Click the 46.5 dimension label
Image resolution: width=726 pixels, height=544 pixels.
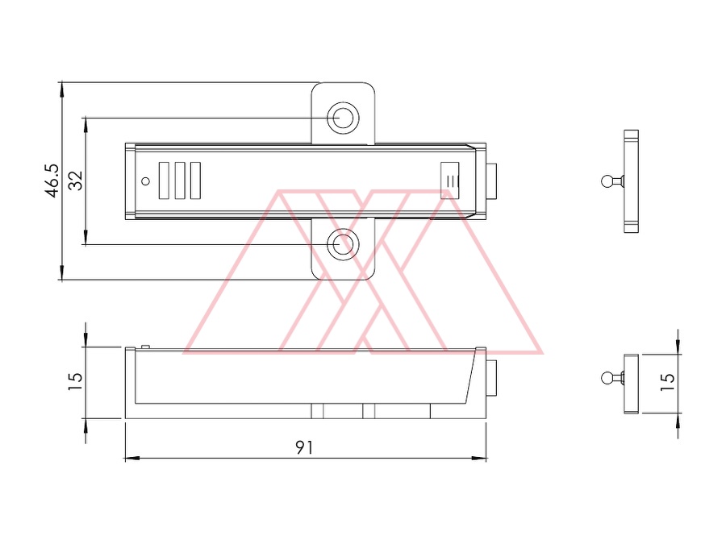52,181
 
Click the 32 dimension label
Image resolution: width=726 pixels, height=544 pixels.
75,181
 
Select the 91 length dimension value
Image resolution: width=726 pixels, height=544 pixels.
304,447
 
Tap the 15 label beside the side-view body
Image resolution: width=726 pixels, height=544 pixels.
75,382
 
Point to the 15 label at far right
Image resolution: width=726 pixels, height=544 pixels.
667,382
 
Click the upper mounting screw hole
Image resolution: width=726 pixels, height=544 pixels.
343,118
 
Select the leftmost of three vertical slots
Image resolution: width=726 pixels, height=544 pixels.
164,181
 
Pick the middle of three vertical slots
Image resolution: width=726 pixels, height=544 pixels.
180,181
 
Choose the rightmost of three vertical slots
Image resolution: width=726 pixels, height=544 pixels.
196,181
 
